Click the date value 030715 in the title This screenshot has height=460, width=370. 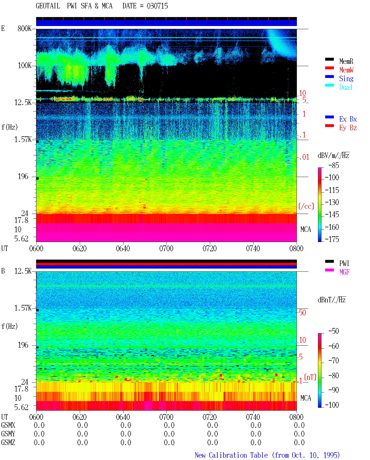point(157,6)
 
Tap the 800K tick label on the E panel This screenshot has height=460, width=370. point(25,28)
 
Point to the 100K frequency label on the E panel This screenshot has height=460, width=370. point(25,66)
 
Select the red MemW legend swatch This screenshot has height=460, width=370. point(329,68)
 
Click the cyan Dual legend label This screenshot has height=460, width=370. point(346,87)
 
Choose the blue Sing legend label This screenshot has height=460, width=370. point(346,79)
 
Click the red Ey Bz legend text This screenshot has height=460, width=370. point(348,128)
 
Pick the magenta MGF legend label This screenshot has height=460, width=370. point(344,272)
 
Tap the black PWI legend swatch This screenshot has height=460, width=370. point(329,261)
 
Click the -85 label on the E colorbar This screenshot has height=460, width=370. point(334,165)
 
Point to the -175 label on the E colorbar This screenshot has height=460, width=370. point(332,239)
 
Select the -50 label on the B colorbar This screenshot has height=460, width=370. point(334,331)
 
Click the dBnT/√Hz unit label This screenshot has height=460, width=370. point(332,300)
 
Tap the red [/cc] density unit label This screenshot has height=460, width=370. point(306,206)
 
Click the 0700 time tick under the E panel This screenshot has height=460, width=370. point(166,249)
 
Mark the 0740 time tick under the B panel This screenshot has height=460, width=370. point(253,417)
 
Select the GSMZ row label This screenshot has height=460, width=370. point(8,442)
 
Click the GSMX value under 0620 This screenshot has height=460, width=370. point(82,425)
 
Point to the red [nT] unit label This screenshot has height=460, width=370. point(310,377)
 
